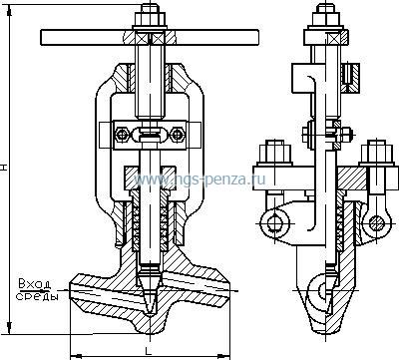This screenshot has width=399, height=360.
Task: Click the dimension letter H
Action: [4, 167]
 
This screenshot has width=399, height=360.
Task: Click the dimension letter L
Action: [148, 350]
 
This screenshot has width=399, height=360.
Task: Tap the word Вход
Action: [35, 284]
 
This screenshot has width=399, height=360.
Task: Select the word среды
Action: [37, 296]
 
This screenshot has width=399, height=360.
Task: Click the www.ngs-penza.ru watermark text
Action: [199, 180]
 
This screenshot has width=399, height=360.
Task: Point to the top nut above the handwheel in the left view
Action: [150, 18]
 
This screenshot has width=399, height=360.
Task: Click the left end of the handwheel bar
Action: [41, 37]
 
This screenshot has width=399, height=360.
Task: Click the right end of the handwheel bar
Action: [257, 37]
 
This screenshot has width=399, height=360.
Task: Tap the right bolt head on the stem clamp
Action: [177, 135]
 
